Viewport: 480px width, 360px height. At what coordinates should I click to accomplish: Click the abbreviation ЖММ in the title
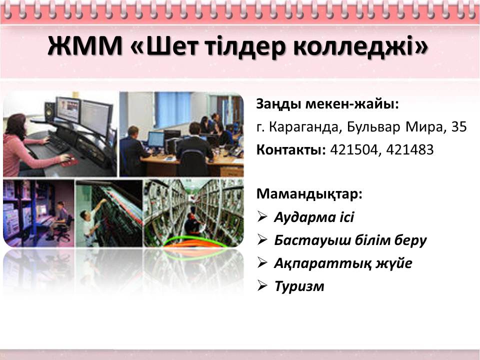[85, 46]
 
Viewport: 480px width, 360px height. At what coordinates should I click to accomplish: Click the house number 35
[459, 126]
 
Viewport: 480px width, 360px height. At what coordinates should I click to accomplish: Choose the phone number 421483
[410, 149]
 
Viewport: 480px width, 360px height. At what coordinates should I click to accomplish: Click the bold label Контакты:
[291, 149]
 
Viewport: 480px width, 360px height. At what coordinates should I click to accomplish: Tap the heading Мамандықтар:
[309, 194]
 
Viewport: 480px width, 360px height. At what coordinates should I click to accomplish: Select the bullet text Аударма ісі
[314, 217]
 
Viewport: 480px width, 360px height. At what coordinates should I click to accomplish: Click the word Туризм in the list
[299, 286]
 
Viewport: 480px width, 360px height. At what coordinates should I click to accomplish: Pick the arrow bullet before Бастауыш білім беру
[262, 239]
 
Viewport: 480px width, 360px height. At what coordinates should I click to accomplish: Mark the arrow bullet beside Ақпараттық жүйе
[262, 262]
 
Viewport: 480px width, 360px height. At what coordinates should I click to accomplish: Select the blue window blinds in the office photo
[172, 109]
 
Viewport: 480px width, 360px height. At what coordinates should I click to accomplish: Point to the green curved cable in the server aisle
[196, 241]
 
